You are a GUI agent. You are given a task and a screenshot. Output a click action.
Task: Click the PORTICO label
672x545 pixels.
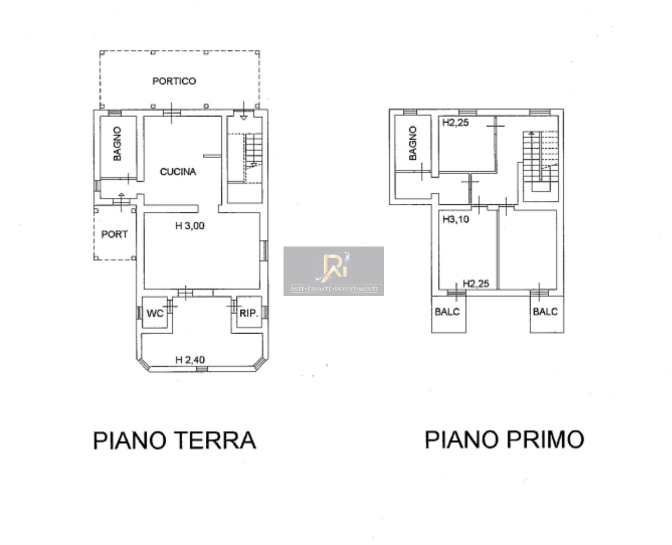click(174, 81)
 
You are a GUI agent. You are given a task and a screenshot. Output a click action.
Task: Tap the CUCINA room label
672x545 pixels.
click(178, 172)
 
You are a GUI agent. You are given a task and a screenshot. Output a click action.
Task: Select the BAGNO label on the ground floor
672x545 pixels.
click(117, 144)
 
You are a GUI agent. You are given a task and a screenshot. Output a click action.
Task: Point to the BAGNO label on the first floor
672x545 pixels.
click(412, 143)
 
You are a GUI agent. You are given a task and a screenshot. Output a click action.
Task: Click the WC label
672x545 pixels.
click(155, 313)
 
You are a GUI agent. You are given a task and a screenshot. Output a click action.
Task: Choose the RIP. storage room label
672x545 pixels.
click(249, 313)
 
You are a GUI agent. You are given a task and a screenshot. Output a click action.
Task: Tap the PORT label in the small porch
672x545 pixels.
click(114, 234)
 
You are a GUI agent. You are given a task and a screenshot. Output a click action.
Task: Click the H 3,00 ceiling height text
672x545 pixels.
click(189, 226)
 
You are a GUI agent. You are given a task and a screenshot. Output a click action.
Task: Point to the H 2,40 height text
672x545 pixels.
click(190, 359)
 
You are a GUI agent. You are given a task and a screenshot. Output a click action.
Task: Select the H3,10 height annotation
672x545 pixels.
click(456, 219)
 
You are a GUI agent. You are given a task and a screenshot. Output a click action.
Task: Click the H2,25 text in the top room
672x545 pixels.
click(456, 122)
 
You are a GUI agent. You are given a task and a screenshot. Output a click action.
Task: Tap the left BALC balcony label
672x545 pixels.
click(447, 312)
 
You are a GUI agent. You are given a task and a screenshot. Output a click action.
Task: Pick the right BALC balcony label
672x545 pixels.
click(545, 312)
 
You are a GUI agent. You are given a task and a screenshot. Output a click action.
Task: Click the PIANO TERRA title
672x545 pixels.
click(174, 440)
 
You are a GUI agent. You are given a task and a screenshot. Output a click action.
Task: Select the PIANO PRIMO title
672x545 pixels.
click(504, 439)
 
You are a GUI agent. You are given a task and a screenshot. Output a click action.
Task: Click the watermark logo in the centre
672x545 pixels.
click(333, 271)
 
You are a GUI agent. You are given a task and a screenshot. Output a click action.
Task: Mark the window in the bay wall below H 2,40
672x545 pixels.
click(202, 368)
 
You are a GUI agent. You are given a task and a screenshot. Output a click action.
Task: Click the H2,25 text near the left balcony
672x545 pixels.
click(476, 283)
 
